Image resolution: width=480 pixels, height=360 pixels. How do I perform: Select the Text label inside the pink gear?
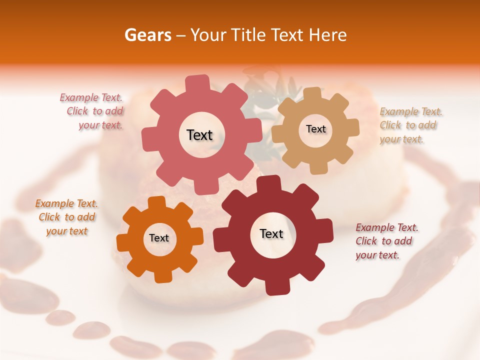click(x=199, y=135)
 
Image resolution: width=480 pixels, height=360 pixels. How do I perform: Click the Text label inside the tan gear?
click(x=315, y=129)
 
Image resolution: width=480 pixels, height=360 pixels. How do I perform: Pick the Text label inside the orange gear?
click(x=159, y=238)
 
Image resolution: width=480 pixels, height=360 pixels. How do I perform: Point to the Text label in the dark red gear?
click(x=271, y=233)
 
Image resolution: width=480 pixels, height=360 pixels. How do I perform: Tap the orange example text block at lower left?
click(x=66, y=217)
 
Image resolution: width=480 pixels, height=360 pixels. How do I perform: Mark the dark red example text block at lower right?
click(x=386, y=241)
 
